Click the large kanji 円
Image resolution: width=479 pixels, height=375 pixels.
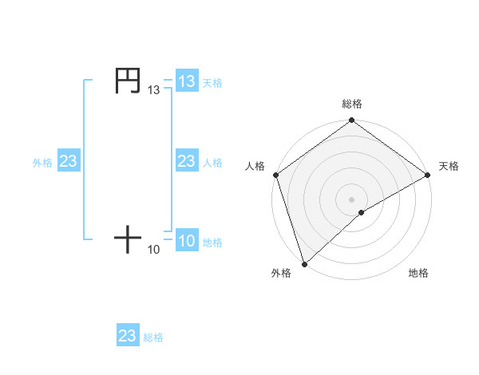(128, 81)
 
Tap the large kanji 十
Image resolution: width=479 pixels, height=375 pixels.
(128, 239)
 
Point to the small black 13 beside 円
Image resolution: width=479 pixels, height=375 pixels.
(154, 91)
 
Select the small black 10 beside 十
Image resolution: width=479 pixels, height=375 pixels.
(154, 250)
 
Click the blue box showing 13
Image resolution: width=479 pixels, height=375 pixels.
(187, 81)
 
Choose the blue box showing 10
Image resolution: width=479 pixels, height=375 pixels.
(187, 241)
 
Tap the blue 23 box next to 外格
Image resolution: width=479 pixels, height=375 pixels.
(69, 161)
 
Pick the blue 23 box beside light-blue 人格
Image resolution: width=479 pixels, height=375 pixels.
(187, 161)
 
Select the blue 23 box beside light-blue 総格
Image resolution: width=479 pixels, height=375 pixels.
(128, 336)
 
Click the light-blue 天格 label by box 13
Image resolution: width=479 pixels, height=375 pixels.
(212, 82)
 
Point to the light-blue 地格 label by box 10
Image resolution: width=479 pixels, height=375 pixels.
(212, 243)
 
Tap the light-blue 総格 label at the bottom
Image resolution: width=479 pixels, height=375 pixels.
(153, 337)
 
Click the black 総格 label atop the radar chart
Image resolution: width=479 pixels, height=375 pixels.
(352, 104)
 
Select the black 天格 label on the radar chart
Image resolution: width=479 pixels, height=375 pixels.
(449, 166)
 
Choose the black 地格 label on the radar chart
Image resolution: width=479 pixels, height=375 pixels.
(418, 273)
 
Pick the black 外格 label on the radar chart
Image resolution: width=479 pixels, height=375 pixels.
(281, 273)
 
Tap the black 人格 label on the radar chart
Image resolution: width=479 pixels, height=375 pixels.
(255, 166)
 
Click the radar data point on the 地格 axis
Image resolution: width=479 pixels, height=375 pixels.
(362, 212)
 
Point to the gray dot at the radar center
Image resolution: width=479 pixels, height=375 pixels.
(351, 199)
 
